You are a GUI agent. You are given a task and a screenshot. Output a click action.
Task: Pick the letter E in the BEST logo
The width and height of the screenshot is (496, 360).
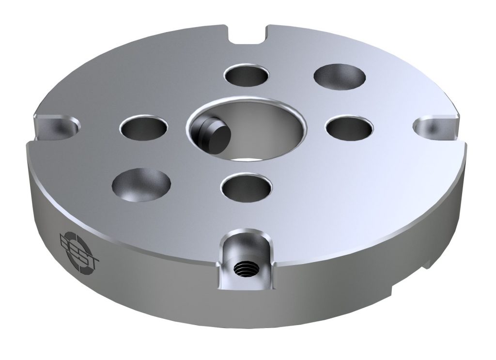click(x=74, y=247)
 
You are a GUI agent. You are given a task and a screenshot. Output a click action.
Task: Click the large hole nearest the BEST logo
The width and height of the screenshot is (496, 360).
click(x=141, y=185)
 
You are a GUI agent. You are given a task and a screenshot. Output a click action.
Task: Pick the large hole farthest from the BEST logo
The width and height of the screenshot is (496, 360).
click(x=340, y=76)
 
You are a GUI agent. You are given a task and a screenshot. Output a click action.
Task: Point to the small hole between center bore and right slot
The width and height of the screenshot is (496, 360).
click(x=350, y=127)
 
